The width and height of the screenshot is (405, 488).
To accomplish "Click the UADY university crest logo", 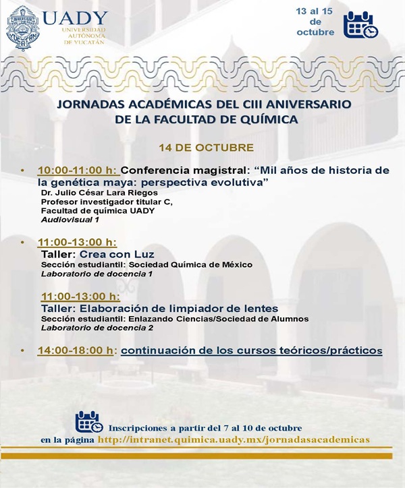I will tap(23, 29).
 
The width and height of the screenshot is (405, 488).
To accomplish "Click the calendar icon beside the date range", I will tap(361, 25).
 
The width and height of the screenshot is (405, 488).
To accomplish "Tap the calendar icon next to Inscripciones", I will tap(89, 422).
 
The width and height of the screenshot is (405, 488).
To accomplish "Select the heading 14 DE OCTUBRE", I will tap(207, 147).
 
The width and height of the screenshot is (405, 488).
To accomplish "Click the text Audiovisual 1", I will tap(70, 220).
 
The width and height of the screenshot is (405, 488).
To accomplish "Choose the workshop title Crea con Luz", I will tap(117, 255).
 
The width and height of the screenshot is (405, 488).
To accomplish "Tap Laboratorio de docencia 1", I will tap(97, 274).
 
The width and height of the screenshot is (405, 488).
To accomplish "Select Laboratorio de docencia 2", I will tap(97, 328).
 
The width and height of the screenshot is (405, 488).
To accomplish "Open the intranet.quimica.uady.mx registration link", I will tap(234, 439).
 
